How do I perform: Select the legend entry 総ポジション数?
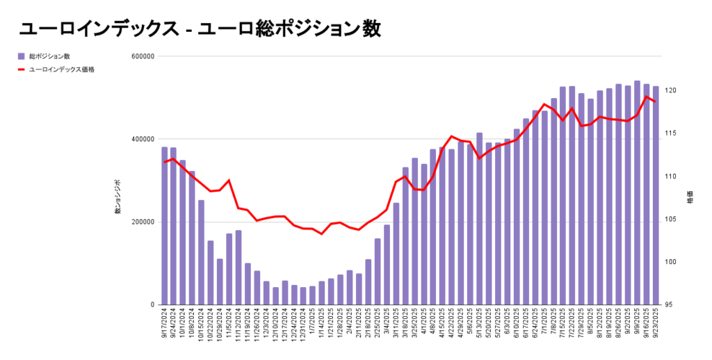point(49,56)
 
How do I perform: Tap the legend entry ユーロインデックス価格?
point(61,69)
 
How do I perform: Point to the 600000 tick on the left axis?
point(143,56)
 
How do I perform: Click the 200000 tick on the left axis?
point(143,222)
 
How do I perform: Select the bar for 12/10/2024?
point(275,296)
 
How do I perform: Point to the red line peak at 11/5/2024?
point(229,180)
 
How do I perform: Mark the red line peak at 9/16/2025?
point(647,97)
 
